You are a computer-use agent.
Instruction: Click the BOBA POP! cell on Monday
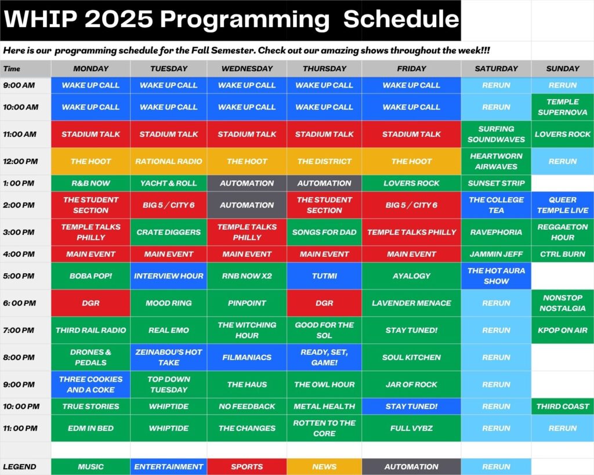click(x=90, y=275)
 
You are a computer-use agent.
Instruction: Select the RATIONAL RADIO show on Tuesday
click(x=169, y=161)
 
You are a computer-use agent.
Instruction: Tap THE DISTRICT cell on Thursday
click(x=324, y=161)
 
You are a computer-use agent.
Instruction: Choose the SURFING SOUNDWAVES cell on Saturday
click(x=496, y=134)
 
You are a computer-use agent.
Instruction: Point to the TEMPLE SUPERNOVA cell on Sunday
click(x=563, y=107)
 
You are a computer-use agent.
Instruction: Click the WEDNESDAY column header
click(x=247, y=68)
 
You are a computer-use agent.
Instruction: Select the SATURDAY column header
click(x=496, y=68)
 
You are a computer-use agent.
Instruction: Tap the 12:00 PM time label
click(x=20, y=161)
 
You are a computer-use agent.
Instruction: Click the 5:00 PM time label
click(x=19, y=276)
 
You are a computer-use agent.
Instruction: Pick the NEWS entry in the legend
click(x=324, y=467)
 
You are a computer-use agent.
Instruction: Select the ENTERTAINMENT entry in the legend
click(x=169, y=467)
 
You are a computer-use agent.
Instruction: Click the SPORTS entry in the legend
click(x=247, y=467)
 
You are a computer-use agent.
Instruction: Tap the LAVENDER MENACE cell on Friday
click(x=411, y=303)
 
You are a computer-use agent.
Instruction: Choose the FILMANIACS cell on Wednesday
click(x=247, y=357)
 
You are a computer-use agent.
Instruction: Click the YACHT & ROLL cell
click(x=169, y=183)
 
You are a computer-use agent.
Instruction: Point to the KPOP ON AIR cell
click(x=563, y=330)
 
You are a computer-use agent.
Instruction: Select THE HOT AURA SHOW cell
click(x=496, y=275)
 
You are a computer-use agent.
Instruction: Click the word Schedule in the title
click(x=401, y=19)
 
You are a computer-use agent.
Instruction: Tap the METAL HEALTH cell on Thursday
click(x=324, y=406)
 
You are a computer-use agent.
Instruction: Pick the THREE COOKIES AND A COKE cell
click(x=90, y=384)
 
